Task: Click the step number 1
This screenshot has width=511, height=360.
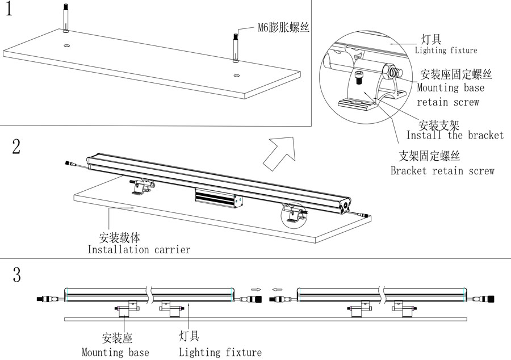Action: point(10,10)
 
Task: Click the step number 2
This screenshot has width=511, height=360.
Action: point(16,147)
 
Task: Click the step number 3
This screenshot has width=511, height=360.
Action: point(16,276)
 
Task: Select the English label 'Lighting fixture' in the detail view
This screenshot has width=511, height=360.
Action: point(446,51)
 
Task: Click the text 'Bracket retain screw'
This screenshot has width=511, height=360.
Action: point(442,171)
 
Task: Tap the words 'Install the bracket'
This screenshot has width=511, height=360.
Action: point(455,135)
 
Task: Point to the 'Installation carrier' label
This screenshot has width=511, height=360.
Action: point(139,249)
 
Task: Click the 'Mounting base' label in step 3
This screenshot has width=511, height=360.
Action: point(115,352)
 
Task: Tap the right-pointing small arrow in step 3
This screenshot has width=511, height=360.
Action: point(256,290)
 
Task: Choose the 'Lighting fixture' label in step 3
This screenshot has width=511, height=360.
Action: point(220,352)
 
